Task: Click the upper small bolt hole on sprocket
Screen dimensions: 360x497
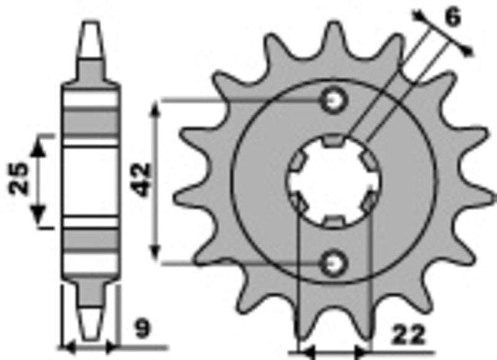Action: click(x=334, y=99)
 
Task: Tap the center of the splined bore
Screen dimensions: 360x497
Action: click(x=334, y=181)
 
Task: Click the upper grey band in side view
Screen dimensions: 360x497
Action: click(x=91, y=120)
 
